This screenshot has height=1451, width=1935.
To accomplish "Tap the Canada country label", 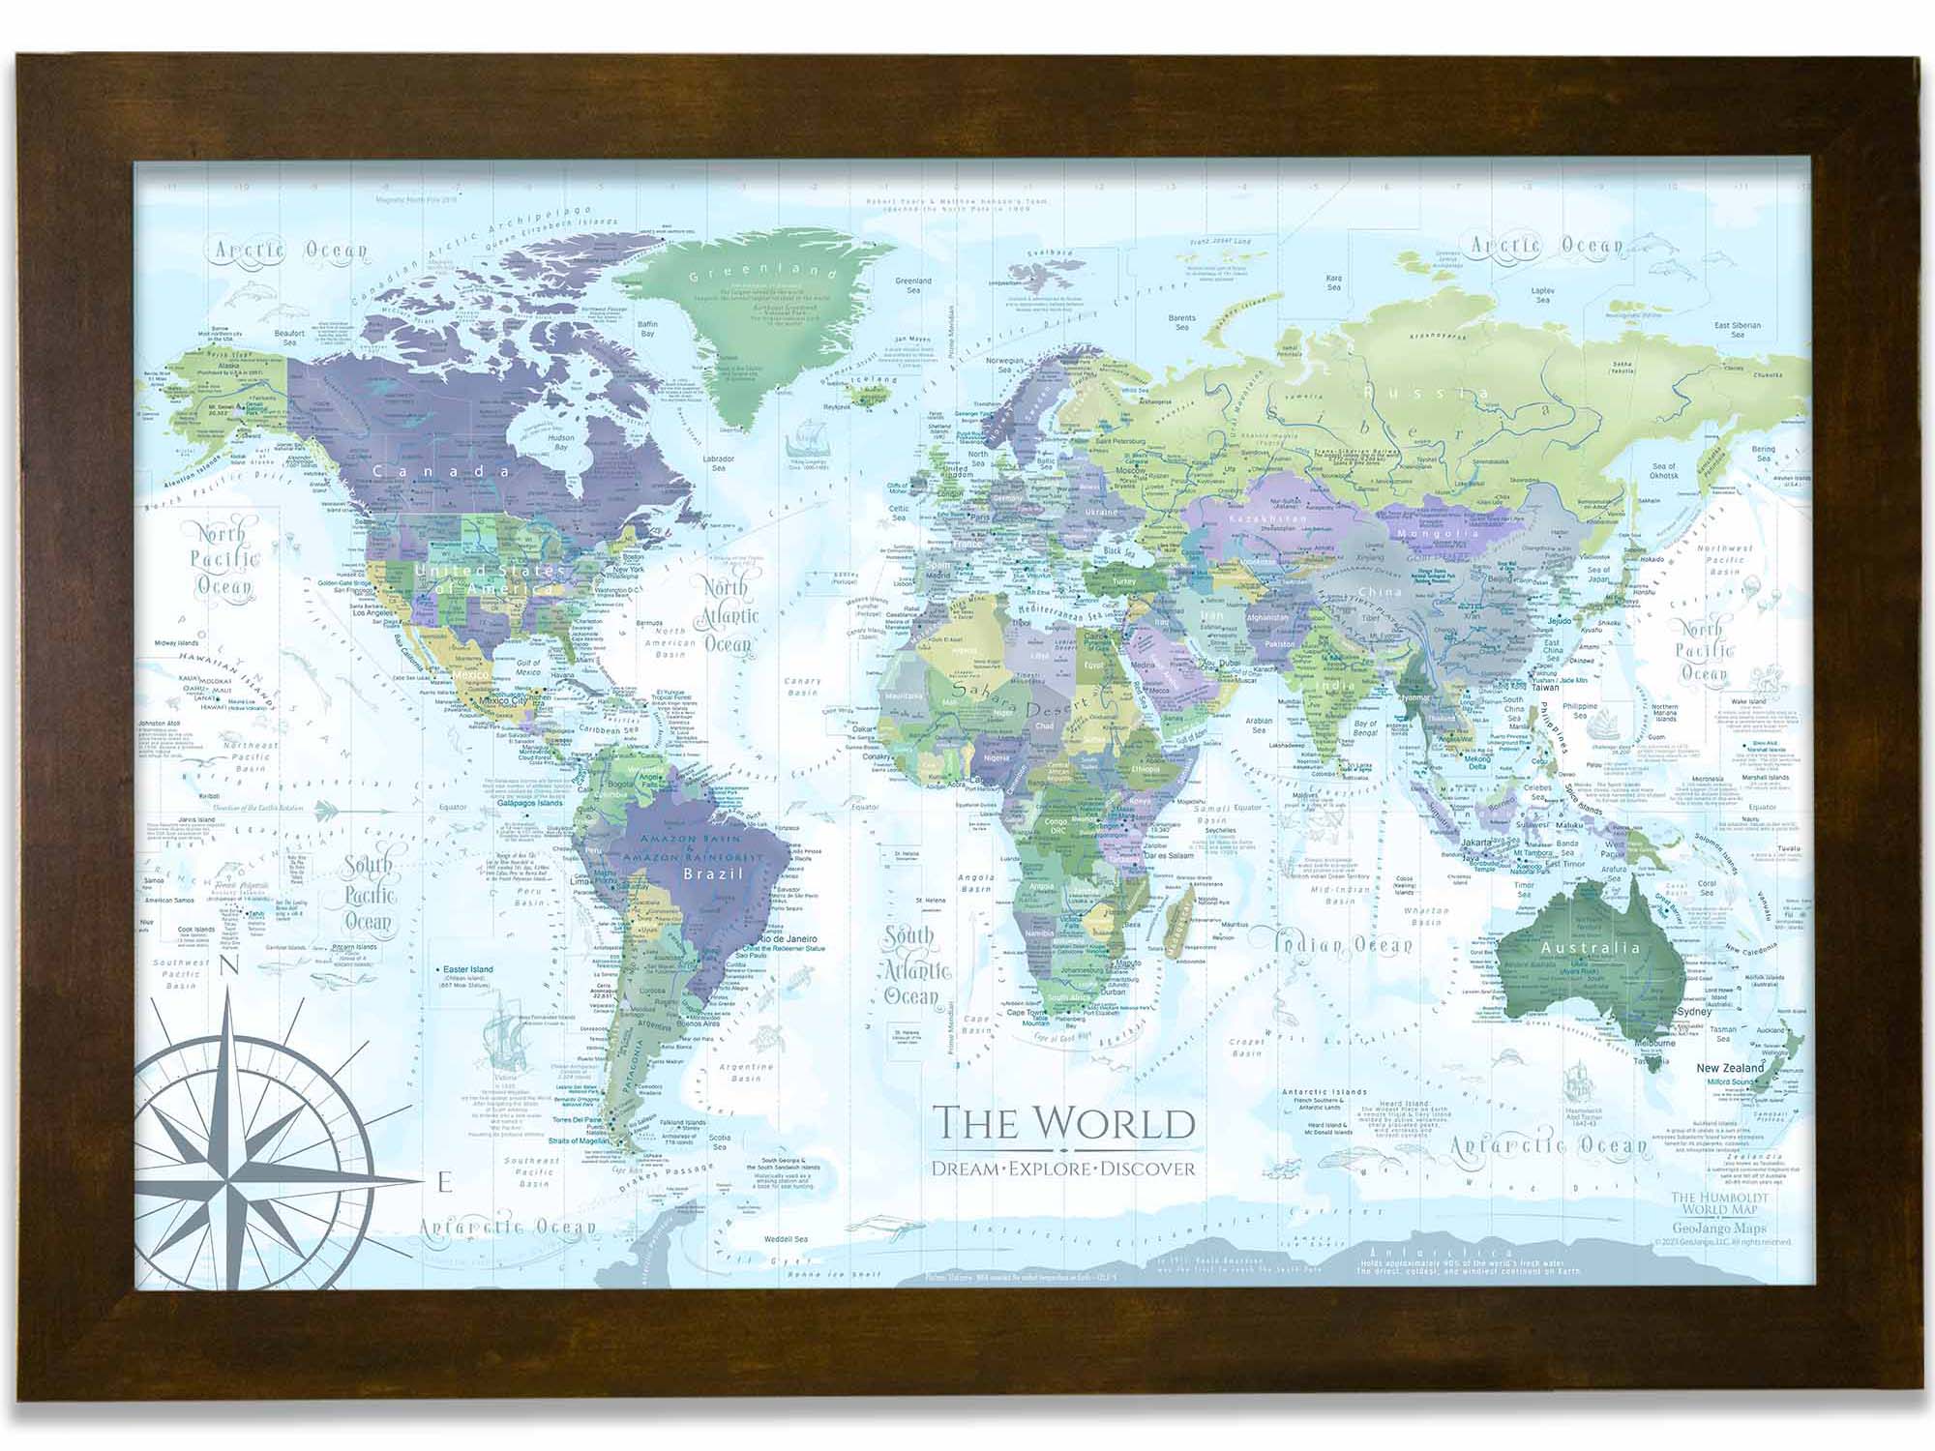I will [x=441, y=471].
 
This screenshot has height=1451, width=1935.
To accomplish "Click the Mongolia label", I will [x=1439, y=533].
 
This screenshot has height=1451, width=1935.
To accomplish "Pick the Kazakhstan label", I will [x=1266, y=519].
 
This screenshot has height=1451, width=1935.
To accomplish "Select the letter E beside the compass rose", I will [x=444, y=1181].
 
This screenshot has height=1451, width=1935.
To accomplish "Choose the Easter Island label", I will [x=468, y=968].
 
